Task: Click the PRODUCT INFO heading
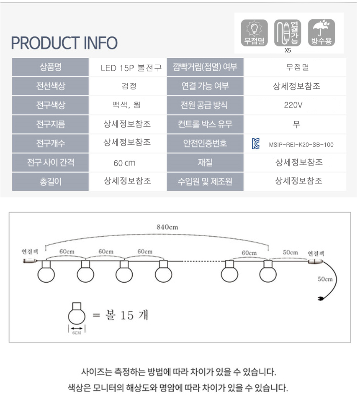pos(64,43)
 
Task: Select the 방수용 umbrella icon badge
pos(321,32)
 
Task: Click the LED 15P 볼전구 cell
pos(131,67)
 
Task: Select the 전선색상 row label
pos(51,86)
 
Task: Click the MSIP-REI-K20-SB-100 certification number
pos(301,145)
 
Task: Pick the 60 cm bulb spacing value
pos(124,163)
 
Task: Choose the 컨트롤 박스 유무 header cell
pos(205,124)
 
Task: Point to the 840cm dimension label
pos(167,227)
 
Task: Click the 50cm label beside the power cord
pos(325,279)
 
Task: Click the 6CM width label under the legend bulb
pos(77,332)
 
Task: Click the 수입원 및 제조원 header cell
pos(205,182)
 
